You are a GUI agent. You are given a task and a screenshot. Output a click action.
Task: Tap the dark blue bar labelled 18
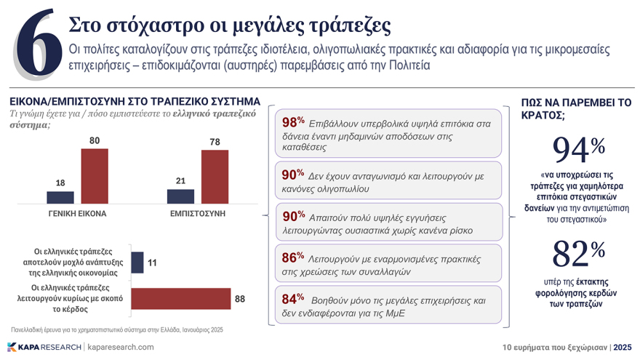[x=60, y=197]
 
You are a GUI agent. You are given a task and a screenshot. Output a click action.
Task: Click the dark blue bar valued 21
[x=180, y=196]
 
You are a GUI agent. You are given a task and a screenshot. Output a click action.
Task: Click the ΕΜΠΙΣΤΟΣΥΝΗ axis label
[x=197, y=214]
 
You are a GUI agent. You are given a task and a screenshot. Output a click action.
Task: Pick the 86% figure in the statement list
[x=292, y=257]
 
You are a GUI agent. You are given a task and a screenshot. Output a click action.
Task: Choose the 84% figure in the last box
[x=292, y=298]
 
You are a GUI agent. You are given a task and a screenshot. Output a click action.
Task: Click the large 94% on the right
[x=578, y=149]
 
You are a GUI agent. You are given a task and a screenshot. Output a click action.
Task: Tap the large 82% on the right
[x=578, y=254]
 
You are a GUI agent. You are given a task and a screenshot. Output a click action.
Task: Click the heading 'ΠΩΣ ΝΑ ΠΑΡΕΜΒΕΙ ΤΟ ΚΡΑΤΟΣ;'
[x=576, y=108]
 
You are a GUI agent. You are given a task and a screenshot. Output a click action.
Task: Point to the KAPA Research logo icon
[x=12, y=347]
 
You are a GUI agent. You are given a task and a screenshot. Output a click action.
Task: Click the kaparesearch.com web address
[x=121, y=347]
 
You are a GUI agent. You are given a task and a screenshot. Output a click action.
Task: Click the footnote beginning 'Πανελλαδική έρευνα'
[x=117, y=329]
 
